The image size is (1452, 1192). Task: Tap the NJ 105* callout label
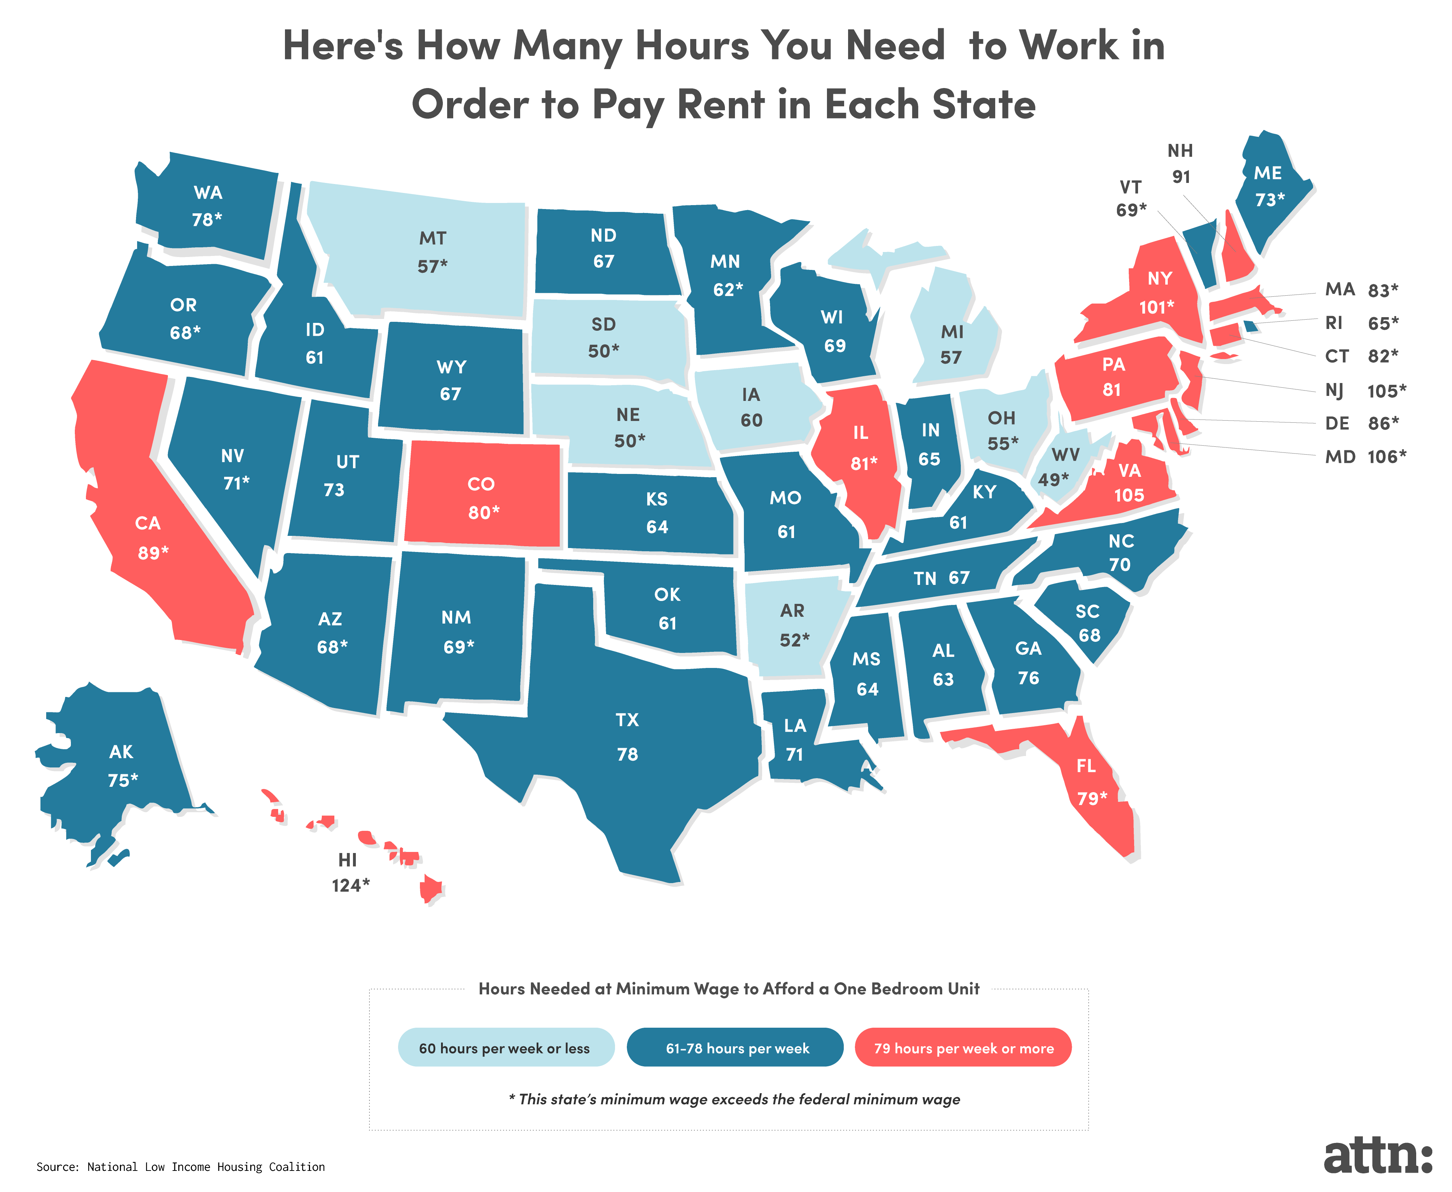(1365, 391)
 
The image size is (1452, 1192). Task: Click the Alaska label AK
(121, 752)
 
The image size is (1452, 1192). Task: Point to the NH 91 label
(1180, 164)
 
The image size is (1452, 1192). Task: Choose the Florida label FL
(1085, 766)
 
